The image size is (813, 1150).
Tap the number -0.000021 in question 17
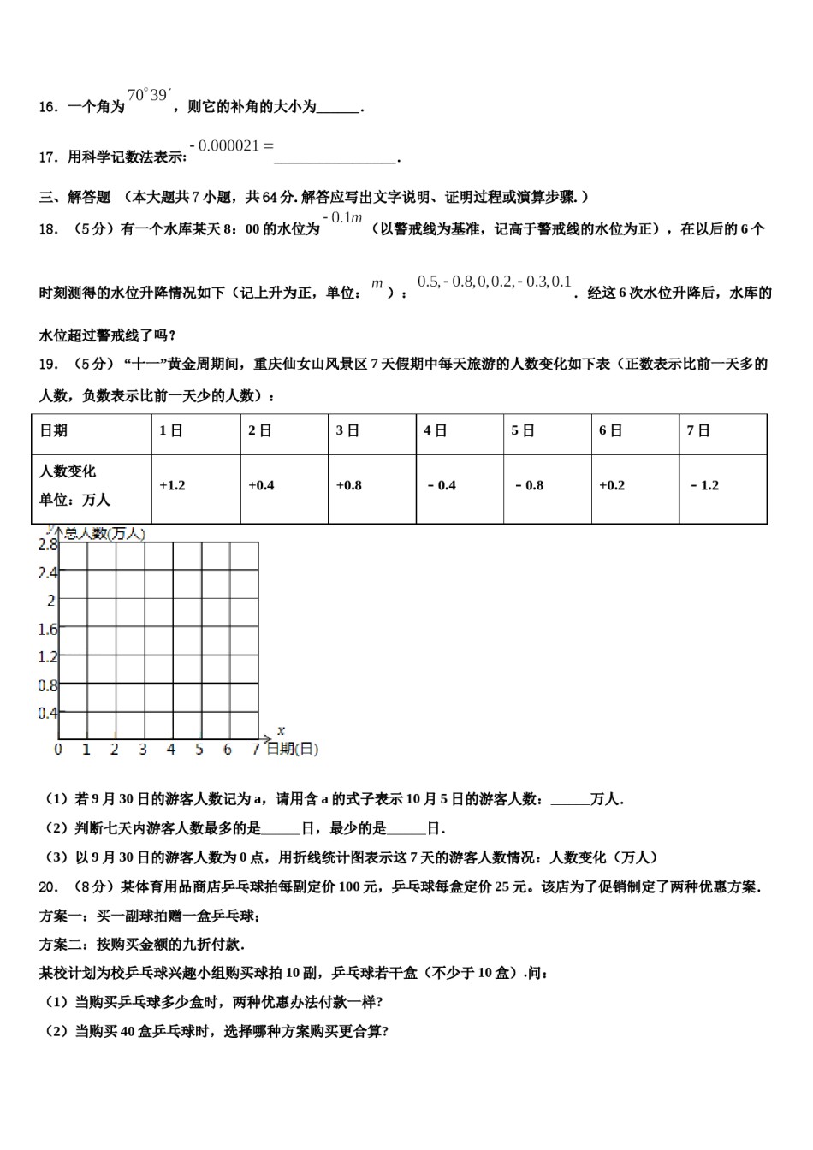tap(225, 145)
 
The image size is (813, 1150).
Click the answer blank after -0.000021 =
tap(335, 157)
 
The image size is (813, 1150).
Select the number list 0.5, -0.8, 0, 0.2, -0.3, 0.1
tap(494, 282)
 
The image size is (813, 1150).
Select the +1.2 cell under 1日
tap(172, 485)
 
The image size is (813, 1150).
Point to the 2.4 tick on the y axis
tap(47, 572)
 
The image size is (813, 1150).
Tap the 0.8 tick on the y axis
tap(47, 685)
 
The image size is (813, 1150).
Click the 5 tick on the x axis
tap(199, 750)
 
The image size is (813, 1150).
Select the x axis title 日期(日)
tap(292, 749)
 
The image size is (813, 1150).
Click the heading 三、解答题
tap(75, 197)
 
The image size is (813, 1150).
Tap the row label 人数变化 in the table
tap(68, 471)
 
